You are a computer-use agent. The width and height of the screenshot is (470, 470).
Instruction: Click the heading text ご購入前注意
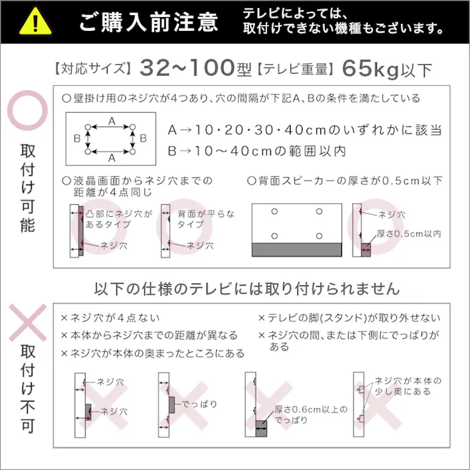point(148,22)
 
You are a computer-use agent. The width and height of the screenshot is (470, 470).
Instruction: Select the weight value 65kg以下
point(386,68)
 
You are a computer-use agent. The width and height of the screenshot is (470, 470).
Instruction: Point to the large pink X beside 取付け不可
point(27,327)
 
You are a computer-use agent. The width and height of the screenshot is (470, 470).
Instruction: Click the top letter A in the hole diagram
point(111,121)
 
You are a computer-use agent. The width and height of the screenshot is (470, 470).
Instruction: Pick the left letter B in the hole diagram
point(77,138)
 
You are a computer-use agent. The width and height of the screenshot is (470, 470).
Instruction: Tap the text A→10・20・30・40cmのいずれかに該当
point(304,130)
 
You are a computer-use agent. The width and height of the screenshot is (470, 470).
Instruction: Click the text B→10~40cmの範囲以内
point(256,151)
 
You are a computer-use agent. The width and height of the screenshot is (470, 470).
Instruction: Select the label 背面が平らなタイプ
point(206,219)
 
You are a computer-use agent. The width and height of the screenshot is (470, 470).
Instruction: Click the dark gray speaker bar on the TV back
point(297,250)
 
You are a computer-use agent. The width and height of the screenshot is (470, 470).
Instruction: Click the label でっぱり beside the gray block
point(199,403)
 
